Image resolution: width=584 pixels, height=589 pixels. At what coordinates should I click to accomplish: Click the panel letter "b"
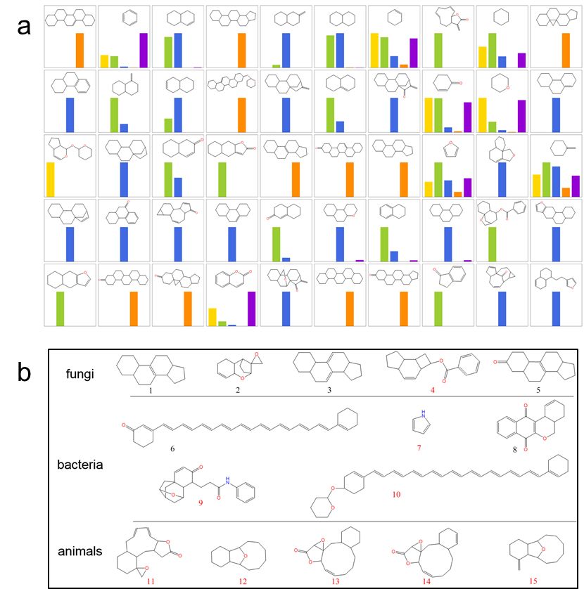[25, 373]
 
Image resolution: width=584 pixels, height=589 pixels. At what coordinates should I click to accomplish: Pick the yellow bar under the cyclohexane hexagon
[482, 57]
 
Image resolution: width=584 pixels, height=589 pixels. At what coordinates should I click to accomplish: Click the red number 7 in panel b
[419, 448]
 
